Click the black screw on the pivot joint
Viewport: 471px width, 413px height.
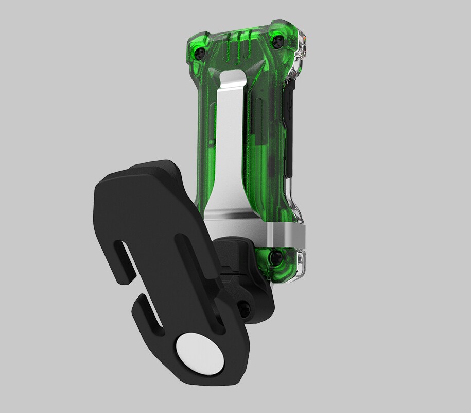click(246, 309)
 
